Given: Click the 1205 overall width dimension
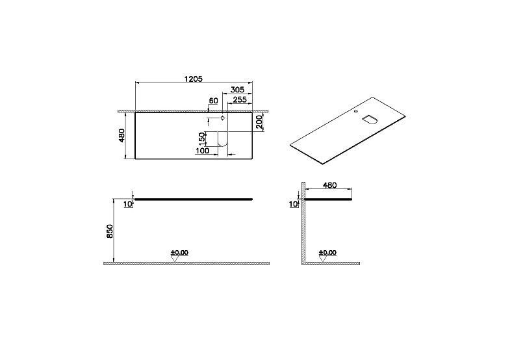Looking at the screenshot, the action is [194, 79].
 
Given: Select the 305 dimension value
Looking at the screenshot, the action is [237, 90].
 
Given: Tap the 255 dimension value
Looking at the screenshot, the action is [240, 99].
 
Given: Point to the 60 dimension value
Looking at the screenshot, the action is [213, 101].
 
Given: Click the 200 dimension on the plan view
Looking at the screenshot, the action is [259, 122].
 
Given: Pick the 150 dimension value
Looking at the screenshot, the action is [202, 138].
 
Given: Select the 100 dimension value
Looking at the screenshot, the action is [202, 151].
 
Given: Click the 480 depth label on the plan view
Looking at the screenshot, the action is [121, 135].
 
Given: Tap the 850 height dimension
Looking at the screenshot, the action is [110, 231].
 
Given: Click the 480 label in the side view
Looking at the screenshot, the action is [329, 185].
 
